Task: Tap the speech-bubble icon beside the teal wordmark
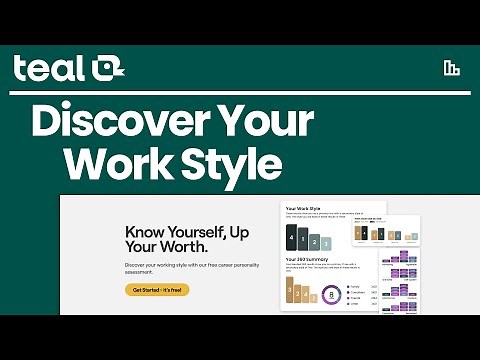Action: [107, 68]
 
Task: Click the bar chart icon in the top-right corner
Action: [451, 68]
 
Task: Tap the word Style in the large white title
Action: [237, 161]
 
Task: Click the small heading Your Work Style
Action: [304, 208]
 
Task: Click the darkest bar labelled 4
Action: [292, 238]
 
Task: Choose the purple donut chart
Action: [331, 294]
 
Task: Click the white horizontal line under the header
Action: [240, 91]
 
